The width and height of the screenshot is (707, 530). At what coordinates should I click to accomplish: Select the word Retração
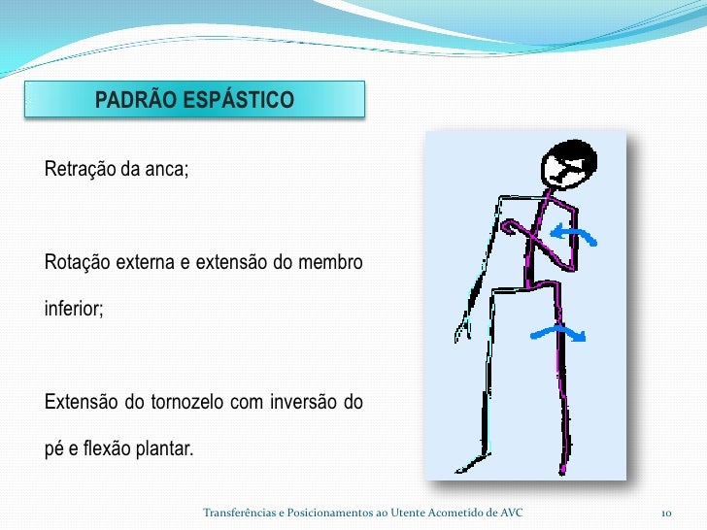[x=80, y=170]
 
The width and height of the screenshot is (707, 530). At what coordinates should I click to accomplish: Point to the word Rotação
[x=78, y=263]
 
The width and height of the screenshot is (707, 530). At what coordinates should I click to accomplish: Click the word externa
[x=150, y=263]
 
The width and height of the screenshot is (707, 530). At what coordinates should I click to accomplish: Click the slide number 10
[x=666, y=512]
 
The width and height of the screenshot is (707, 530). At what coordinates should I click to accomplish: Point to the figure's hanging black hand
[x=465, y=328]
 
